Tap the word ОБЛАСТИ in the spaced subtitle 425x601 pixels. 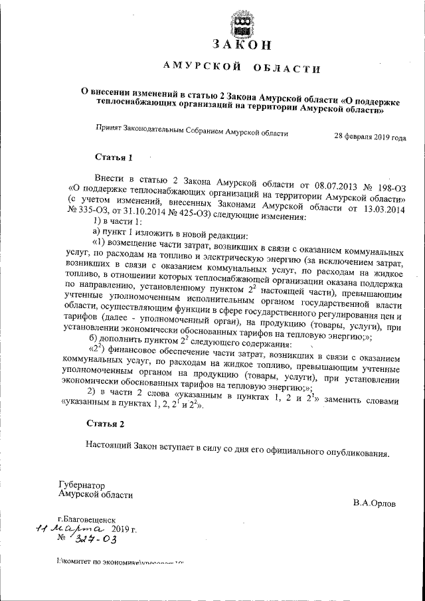pos(286,69)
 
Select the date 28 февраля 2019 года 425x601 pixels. pos(370,137)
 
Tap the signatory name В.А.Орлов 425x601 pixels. pos(374,503)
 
